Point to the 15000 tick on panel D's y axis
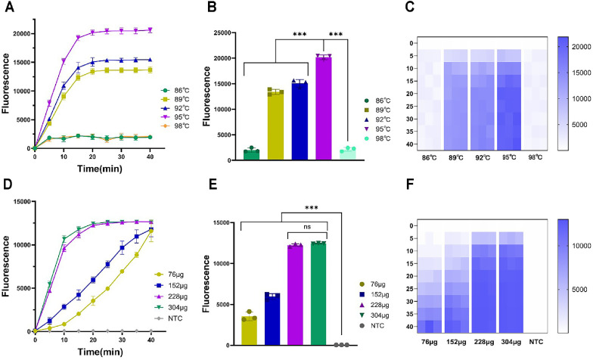click(x=18, y=201)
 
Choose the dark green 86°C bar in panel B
click(x=250, y=155)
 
